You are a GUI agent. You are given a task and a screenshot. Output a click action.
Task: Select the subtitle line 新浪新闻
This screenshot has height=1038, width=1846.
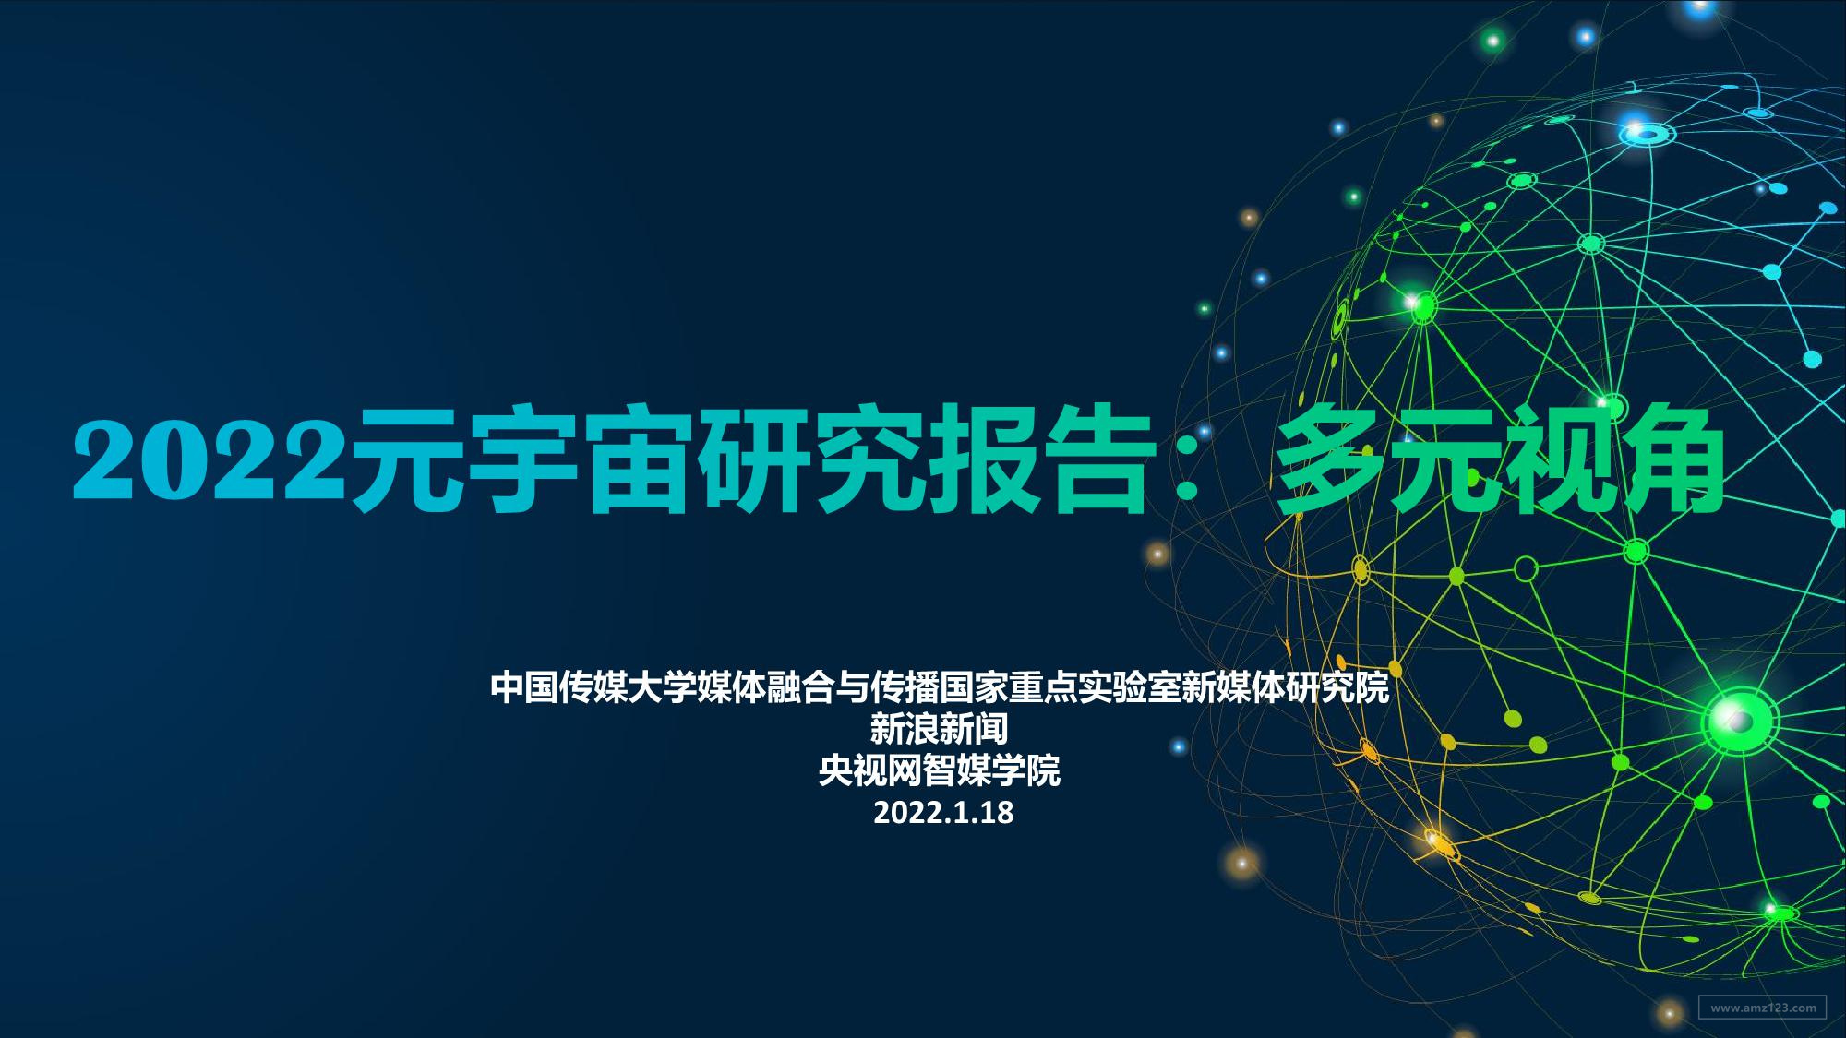[x=939, y=730]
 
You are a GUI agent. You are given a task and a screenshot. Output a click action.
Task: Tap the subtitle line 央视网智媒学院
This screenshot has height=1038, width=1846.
[x=939, y=770]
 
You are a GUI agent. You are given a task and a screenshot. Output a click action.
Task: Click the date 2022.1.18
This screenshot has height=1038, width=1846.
[x=942, y=812]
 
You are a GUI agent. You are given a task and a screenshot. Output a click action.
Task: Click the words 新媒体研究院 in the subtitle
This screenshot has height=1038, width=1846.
[x=1288, y=688]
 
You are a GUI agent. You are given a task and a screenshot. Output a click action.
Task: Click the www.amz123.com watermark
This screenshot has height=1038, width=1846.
[x=1762, y=1007]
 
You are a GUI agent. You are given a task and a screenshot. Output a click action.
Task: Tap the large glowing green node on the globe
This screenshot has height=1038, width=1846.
[x=1740, y=719]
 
